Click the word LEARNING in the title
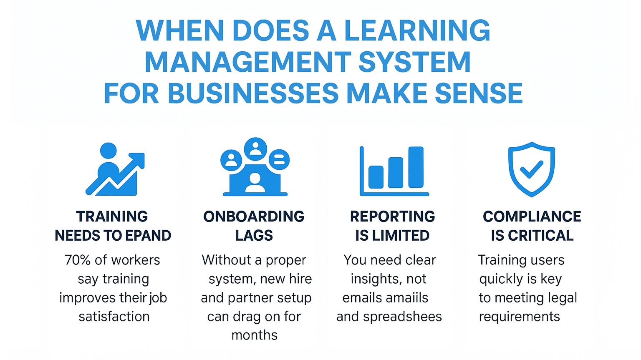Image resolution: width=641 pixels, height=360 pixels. pyautogui.click(x=417, y=30)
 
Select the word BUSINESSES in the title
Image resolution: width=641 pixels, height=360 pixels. pyautogui.click(x=253, y=93)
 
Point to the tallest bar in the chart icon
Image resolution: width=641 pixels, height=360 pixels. pyautogui.click(x=416, y=167)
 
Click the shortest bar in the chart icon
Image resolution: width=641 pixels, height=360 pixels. pyautogui.click(x=376, y=177)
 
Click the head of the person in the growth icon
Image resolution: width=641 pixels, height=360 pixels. pyautogui.click(x=109, y=151)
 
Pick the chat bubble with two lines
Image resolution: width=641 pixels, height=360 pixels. pyautogui.click(x=279, y=159)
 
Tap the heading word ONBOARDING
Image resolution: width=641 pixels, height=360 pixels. pyautogui.click(x=254, y=217)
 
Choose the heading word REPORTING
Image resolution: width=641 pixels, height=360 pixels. pyautogui.click(x=392, y=217)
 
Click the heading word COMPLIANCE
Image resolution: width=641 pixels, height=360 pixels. pyautogui.click(x=532, y=217)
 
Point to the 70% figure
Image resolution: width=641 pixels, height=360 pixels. pyautogui.click(x=78, y=260)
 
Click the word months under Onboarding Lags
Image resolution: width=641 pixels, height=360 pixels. pyautogui.click(x=254, y=335)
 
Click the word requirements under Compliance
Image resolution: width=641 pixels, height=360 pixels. pyautogui.click(x=519, y=317)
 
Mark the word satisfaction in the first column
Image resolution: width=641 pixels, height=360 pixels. pyautogui.click(x=114, y=317)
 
